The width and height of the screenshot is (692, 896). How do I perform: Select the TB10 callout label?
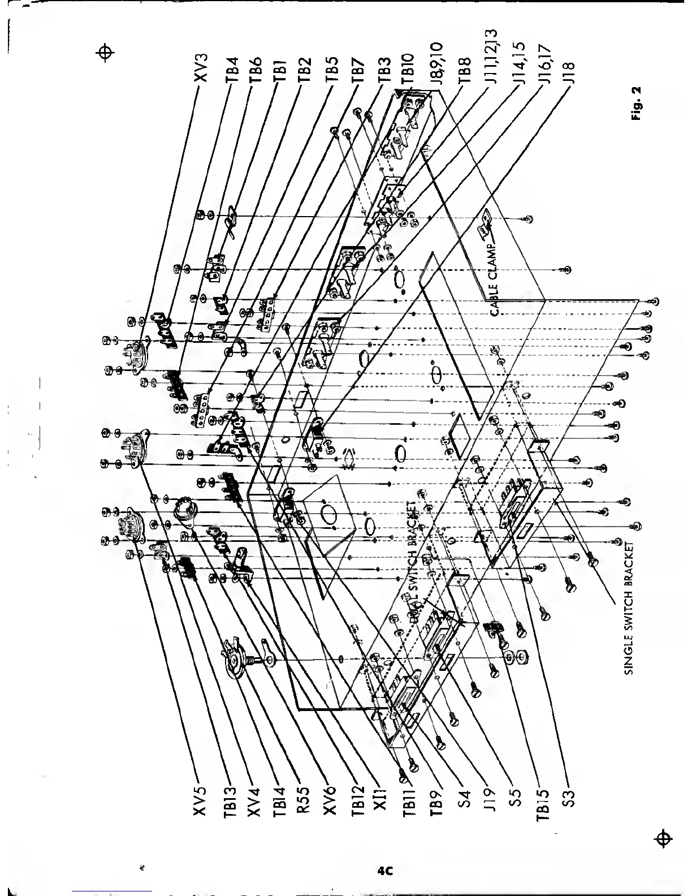click(411, 69)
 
